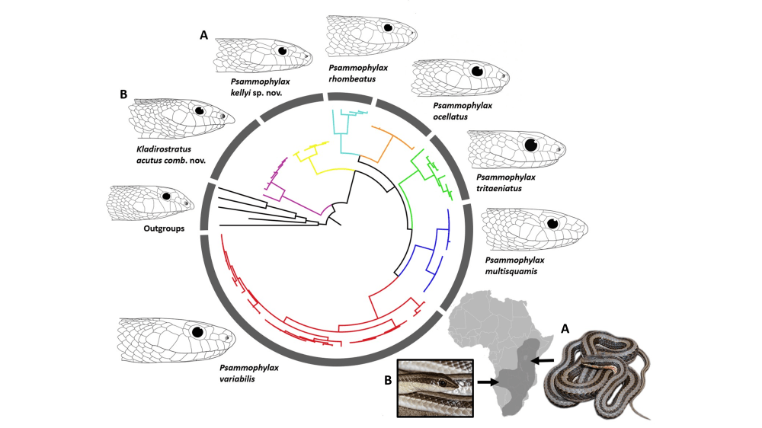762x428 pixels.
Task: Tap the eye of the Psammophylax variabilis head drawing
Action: coord(199,333)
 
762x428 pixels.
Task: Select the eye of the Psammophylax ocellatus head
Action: coord(478,71)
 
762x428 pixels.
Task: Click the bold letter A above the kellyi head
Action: coord(203,34)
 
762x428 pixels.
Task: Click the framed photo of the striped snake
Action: coord(435,388)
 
